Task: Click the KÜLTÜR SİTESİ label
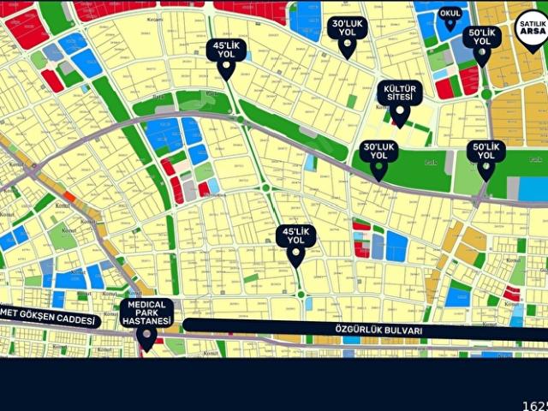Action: click(400, 92)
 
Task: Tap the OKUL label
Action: click(450, 14)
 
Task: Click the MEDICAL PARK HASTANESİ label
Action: click(146, 312)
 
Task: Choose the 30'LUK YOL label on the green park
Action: click(378, 151)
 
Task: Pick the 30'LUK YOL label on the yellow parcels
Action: click(347, 27)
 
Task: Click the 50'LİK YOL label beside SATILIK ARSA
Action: click(482, 37)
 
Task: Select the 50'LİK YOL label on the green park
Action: click(485, 151)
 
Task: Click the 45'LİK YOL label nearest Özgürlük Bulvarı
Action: click(295, 235)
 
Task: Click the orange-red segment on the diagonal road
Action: click(69, 197)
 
